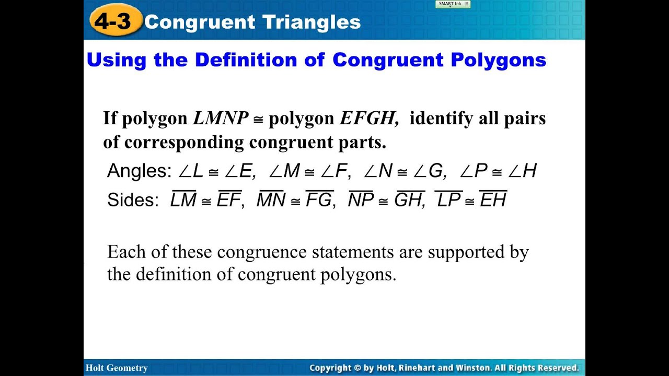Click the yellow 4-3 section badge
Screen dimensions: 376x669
pos(116,22)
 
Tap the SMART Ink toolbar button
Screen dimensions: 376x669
pos(453,4)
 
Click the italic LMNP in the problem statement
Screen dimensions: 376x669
pos(221,118)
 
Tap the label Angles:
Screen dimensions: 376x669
pos(139,171)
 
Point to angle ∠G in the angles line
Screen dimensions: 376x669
pos(428,171)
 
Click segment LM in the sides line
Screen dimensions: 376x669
pos(183,200)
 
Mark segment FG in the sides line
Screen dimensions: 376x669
pos(319,200)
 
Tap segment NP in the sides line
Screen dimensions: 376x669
pos(361,200)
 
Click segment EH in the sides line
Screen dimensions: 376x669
pos(493,200)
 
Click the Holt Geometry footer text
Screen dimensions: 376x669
pos(117,368)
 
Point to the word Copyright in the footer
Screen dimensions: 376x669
pos(331,368)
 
